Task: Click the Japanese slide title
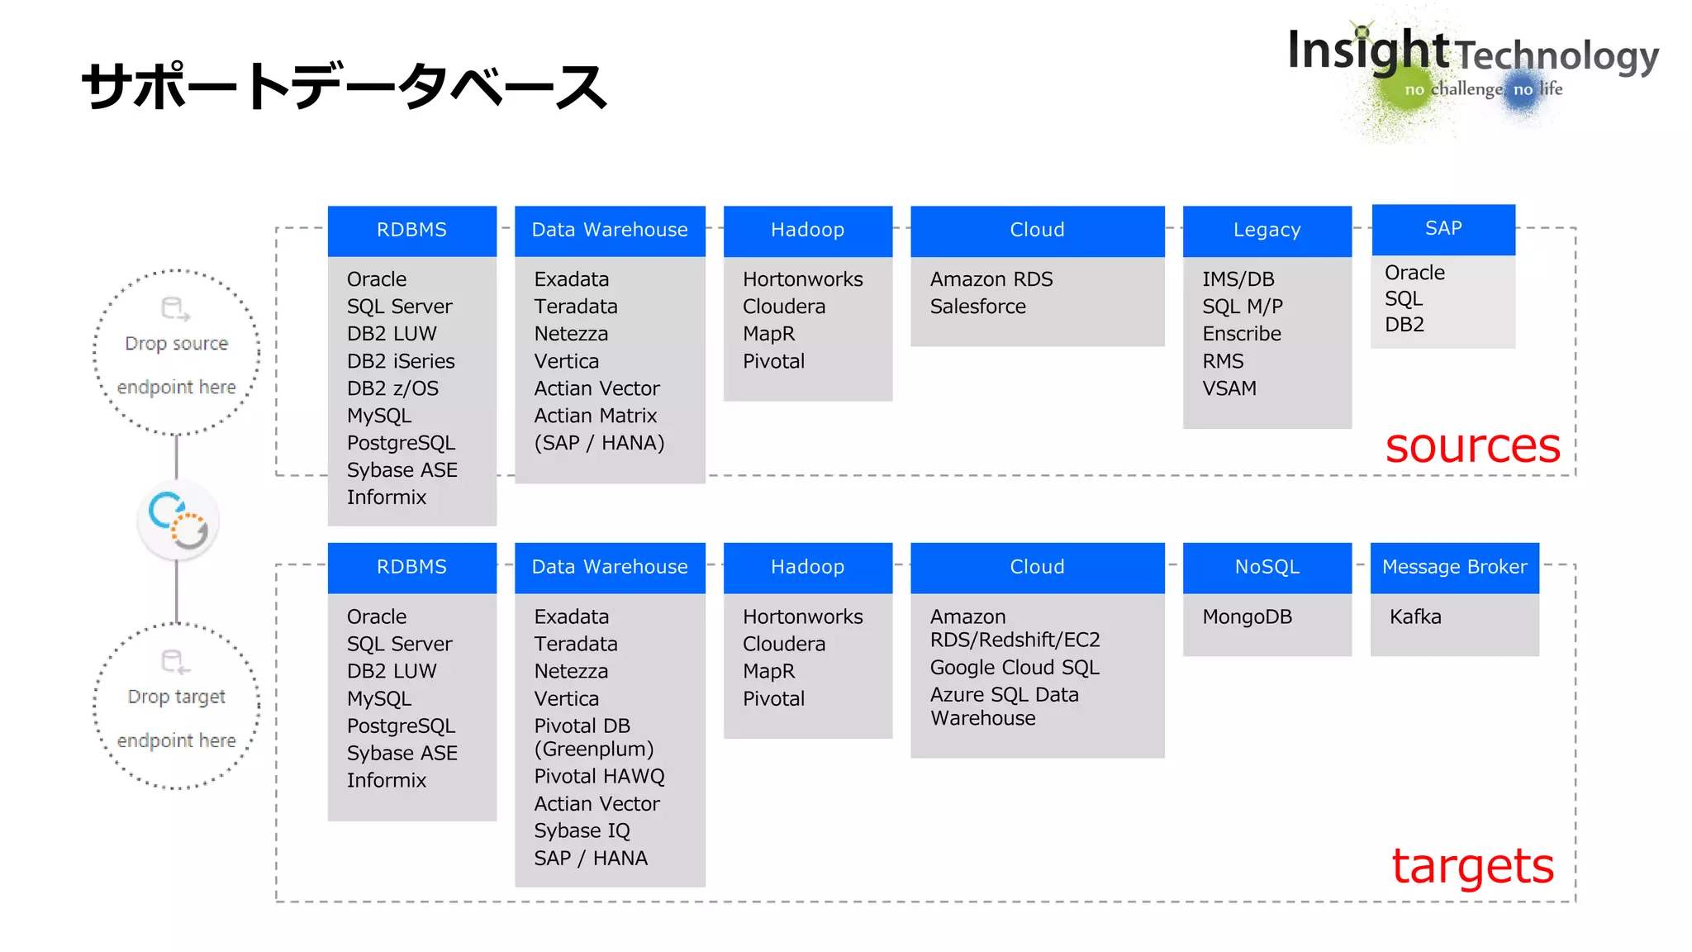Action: (x=345, y=87)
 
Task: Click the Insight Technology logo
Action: (x=1472, y=66)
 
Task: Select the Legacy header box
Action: (x=1267, y=231)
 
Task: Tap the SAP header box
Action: (x=1443, y=229)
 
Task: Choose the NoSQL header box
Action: (x=1267, y=568)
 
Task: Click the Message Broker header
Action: (x=1454, y=568)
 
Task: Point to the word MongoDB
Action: (x=1247, y=617)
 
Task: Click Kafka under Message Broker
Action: (x=1414, y=617)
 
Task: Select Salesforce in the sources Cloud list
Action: (x=977, y=307)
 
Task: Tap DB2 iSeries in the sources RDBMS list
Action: (x=401, y=361)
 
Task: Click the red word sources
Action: (x=1472, y=447)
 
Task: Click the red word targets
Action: (x=1472, y=866)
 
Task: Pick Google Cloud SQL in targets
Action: (x=1014, y=668)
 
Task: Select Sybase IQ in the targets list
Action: (x=582, y=831)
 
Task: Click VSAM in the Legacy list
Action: (x=1229, y=388)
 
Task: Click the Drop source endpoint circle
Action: (x=177, y=353)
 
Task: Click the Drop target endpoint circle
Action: (x=177, y=707)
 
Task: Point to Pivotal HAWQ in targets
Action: (x=599, y=777)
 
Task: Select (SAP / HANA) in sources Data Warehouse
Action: (x=599, y=443)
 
